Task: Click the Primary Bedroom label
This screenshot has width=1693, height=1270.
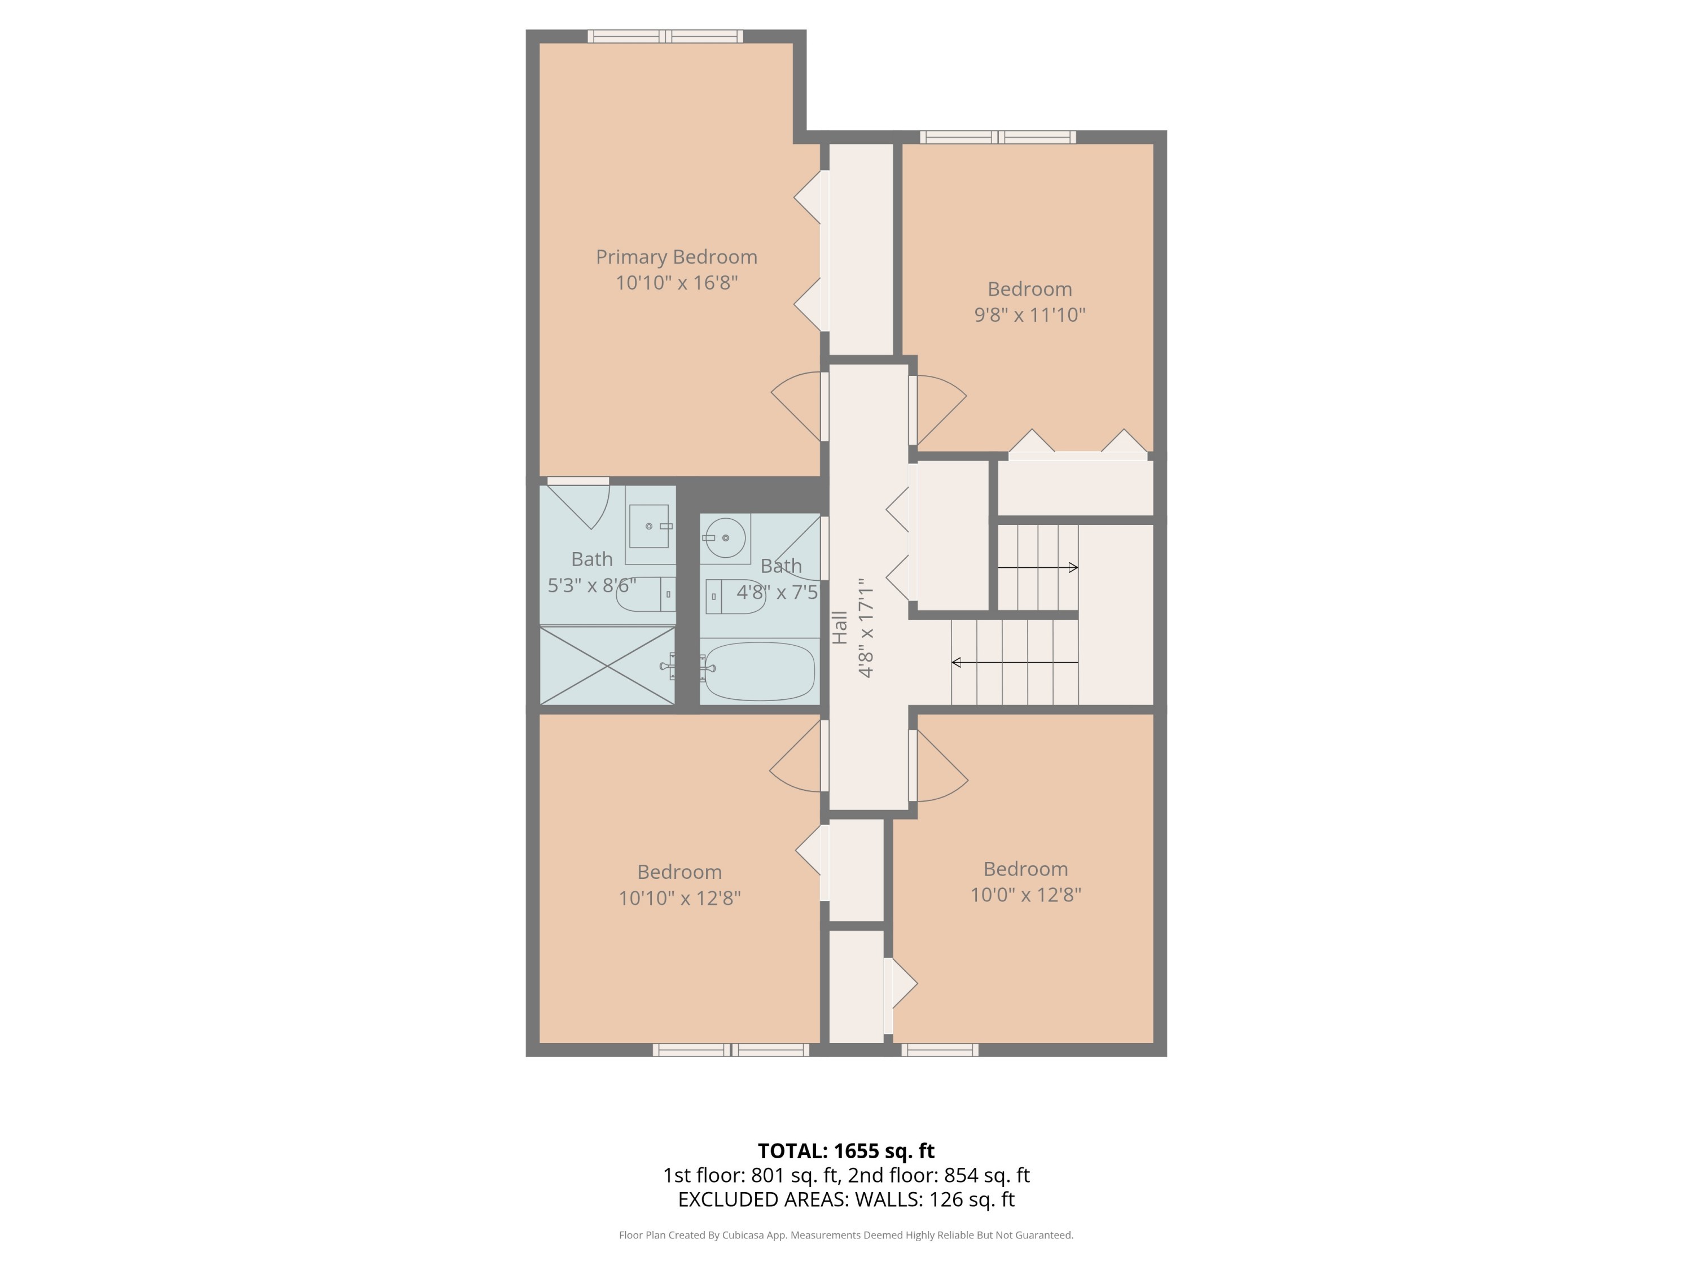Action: pyautogui.click(x=677, y=257)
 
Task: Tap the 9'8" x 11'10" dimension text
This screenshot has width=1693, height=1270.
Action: pyautogui.click(x=1029, y=314)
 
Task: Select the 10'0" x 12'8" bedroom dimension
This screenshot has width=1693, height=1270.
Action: pyautogui.click(x=1025, y=895)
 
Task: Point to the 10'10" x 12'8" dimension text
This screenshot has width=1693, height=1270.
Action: pyautogui.click(x=679, y=898)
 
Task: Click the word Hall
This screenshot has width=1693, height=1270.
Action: pyautogui.click(x=840, y=628)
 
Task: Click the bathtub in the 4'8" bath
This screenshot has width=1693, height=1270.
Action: pyautogui.click(x=759, y=671)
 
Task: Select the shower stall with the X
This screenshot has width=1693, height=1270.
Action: pyautogui.click(x=607, y=666)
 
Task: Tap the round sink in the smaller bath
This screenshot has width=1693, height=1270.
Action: pyautogui.click(x=725, y=537)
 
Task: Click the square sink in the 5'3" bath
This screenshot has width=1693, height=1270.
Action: pyautogui.click(x=649, y=526)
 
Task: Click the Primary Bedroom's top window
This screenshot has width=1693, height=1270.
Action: pyautogui.click(x=665, y=36)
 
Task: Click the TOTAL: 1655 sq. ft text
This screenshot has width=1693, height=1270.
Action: pyautogui.click(x=846, y=1151)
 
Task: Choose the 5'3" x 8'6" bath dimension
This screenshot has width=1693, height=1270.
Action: pyautogui.click(x=591, y=586)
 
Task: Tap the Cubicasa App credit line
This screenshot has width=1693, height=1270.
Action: pyautogui.click(x=846, y=1235)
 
